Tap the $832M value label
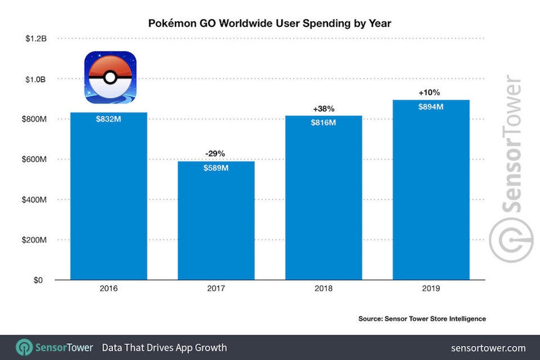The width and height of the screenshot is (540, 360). (x=109, y=119)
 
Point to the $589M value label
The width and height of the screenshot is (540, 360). (x=217, y=168)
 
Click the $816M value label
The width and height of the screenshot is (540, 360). (x=323, y=123)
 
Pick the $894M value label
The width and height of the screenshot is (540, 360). (x=431, y=107)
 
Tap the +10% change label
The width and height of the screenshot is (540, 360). (x=431, y=92)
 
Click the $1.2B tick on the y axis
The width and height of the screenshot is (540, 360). (x=35, y=39)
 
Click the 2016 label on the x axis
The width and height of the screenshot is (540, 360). (x=109, y=289)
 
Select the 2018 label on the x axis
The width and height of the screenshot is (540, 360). (x=323, y=289)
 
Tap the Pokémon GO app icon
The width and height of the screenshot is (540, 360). (x=110, y=77)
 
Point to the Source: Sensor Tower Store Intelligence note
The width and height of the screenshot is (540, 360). (x=422, y=319)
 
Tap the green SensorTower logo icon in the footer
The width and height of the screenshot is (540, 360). (x=24, y=347)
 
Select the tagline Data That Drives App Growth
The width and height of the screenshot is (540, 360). (x=164, y=348)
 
